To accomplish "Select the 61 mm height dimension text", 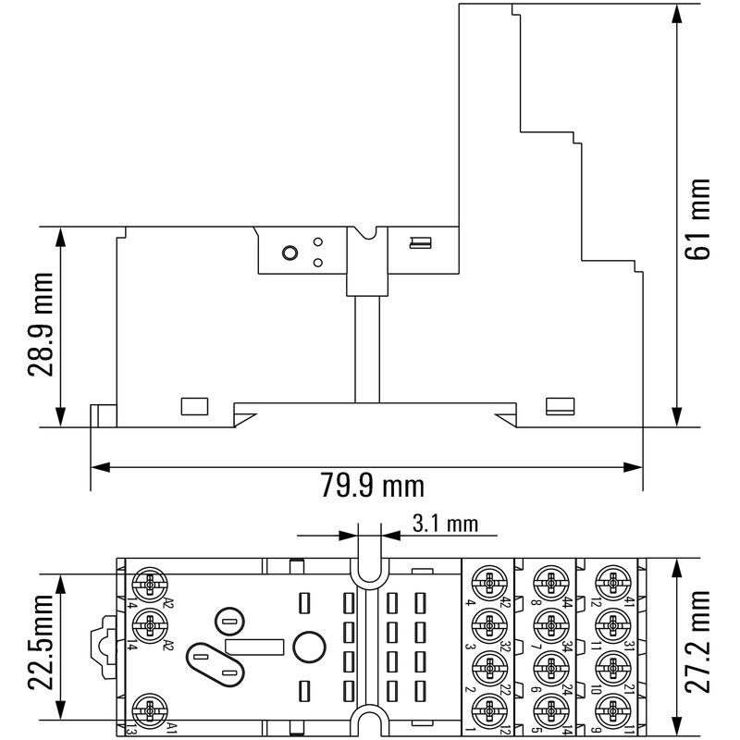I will pos(700,218).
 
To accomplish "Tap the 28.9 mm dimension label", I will pos(39,325).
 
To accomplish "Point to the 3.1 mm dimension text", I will pos(445,524).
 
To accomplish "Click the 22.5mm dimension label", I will pos(39,646).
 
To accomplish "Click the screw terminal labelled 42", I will pos(487,584).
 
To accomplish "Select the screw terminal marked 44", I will pos(548,584).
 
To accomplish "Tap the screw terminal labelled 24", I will pos(548,667).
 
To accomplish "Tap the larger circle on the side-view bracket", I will pos(289,253).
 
